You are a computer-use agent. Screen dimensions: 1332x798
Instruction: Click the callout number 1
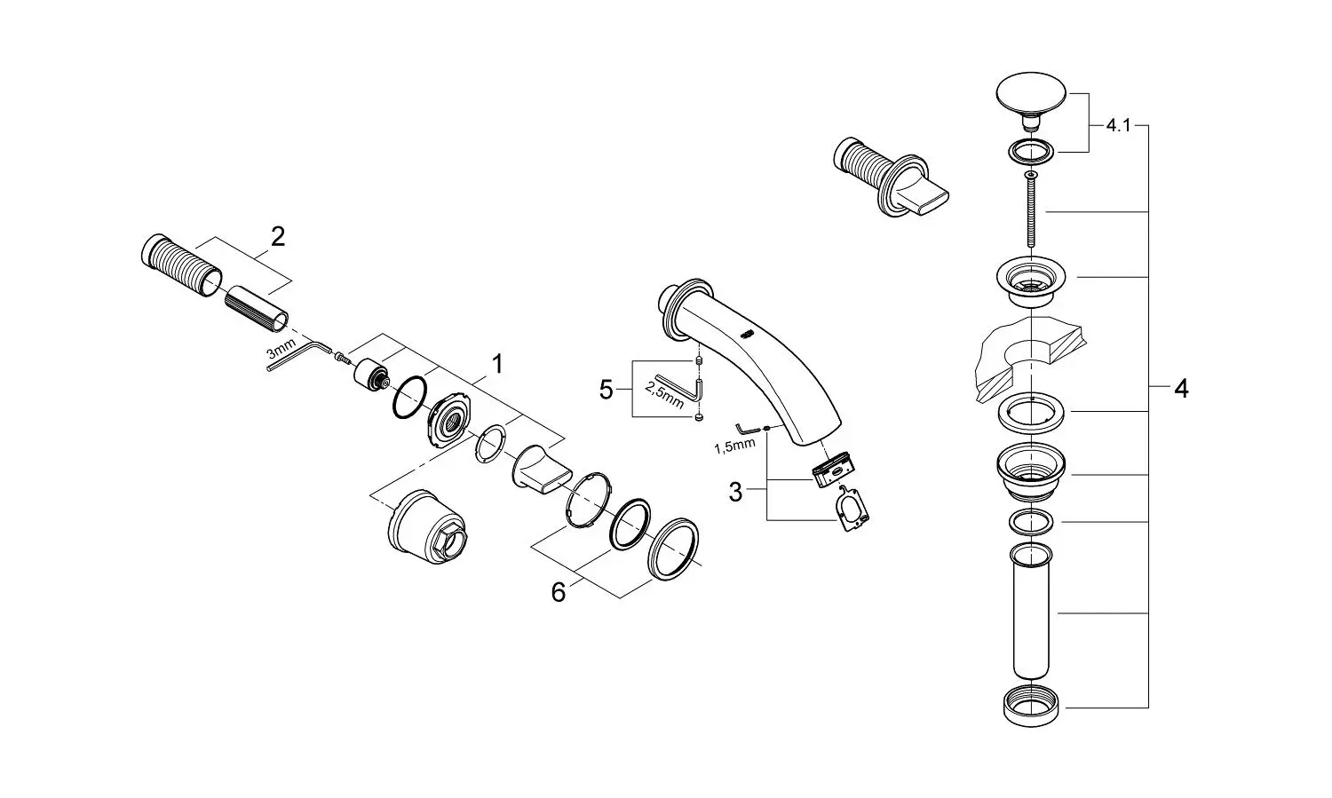click(x=497, y=364)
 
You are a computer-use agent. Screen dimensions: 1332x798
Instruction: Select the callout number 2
click(x=277, y=237)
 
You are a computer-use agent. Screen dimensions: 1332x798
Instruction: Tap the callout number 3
click(x=735, y=493)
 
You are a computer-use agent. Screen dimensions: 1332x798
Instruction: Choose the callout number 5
click(x=606, y=391)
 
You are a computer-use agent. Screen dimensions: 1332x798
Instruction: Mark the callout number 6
click(x=559, y=592)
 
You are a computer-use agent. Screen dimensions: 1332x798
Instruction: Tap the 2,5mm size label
click(x=665, y=394)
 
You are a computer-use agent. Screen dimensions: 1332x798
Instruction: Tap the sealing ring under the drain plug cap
click(x=1030, y=152)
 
